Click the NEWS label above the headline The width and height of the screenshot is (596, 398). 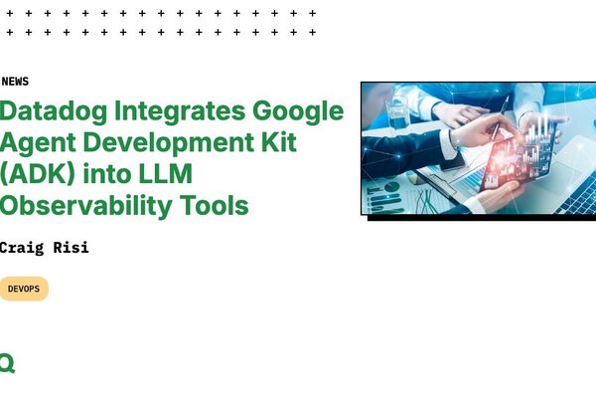(15, 82)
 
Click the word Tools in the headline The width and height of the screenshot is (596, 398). (214, 206)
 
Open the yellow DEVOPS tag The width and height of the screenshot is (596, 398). (23, 289)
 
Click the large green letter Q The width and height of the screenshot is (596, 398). (7, 363)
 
